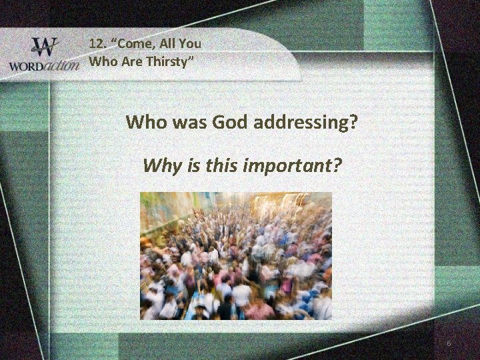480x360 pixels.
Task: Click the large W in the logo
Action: pyautogui.click(x=45, y=48)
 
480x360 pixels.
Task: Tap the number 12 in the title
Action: pyautogui.click(x=97, y=45)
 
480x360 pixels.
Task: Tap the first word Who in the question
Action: pyautogui.click(x=146, y=123)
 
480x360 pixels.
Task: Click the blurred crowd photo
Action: pyautogui.click(x=235, y=256)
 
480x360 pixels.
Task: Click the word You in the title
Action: pyautogui.click(x=190, y=45)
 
